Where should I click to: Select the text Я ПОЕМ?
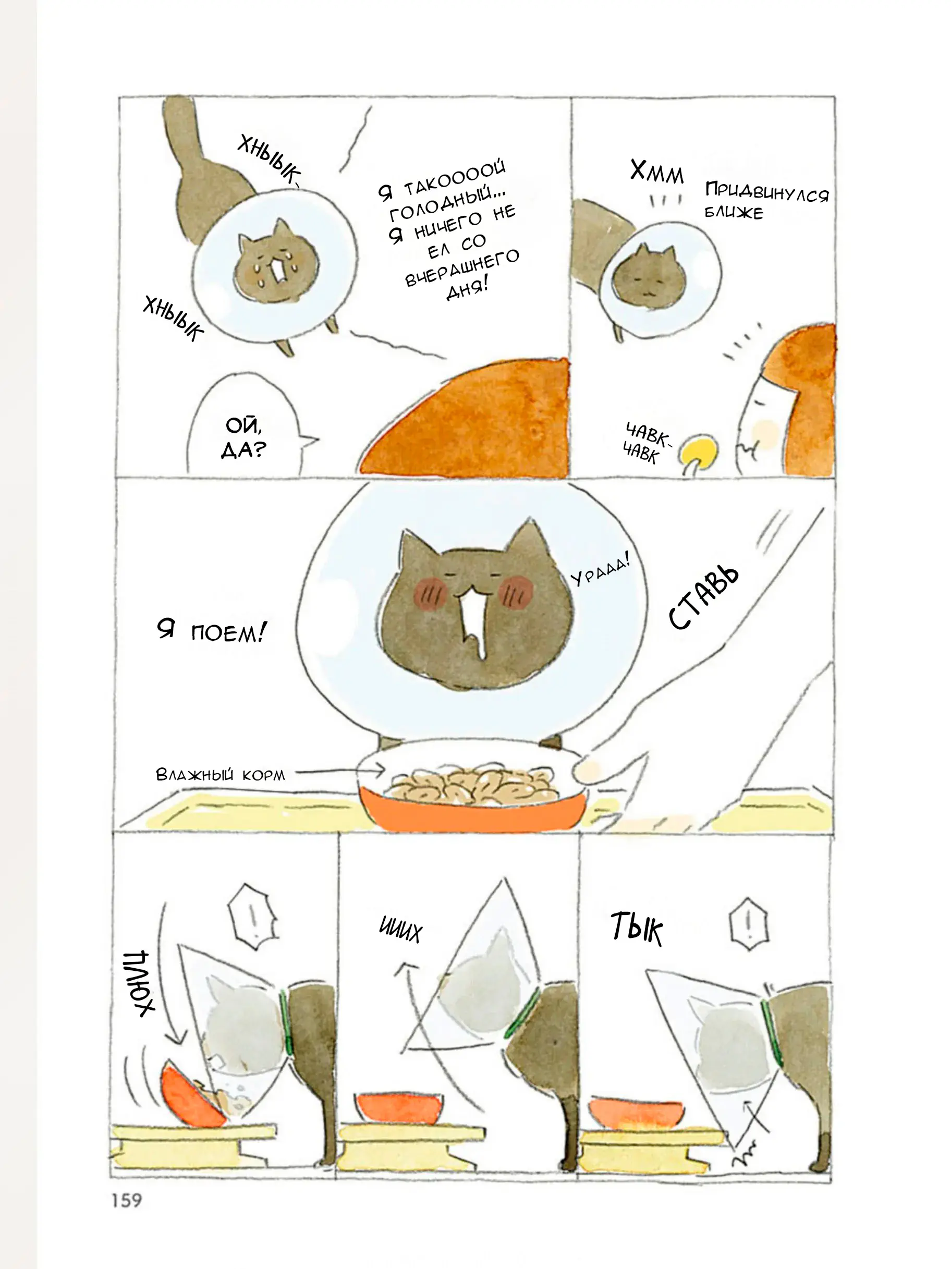coord(211,632)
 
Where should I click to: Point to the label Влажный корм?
coord(220,775)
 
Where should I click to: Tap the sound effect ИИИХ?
coord(400,930)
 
